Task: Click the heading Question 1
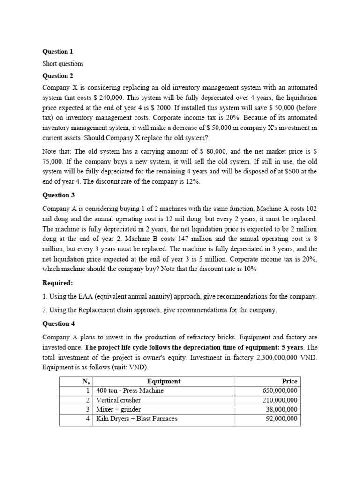[58, 52]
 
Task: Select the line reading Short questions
[63, 64]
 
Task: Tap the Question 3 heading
[58, 195]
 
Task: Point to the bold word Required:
[58, 283]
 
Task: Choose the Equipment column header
[164, 382]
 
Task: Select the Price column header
[289, 382]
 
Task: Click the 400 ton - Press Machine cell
[130, 390]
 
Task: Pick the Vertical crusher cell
[118, 400]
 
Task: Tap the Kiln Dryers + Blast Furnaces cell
[136, 419]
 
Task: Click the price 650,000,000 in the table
[280, 390]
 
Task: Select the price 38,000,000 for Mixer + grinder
[282, 409]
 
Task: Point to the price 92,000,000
[282, 419]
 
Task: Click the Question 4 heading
[58, 324]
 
